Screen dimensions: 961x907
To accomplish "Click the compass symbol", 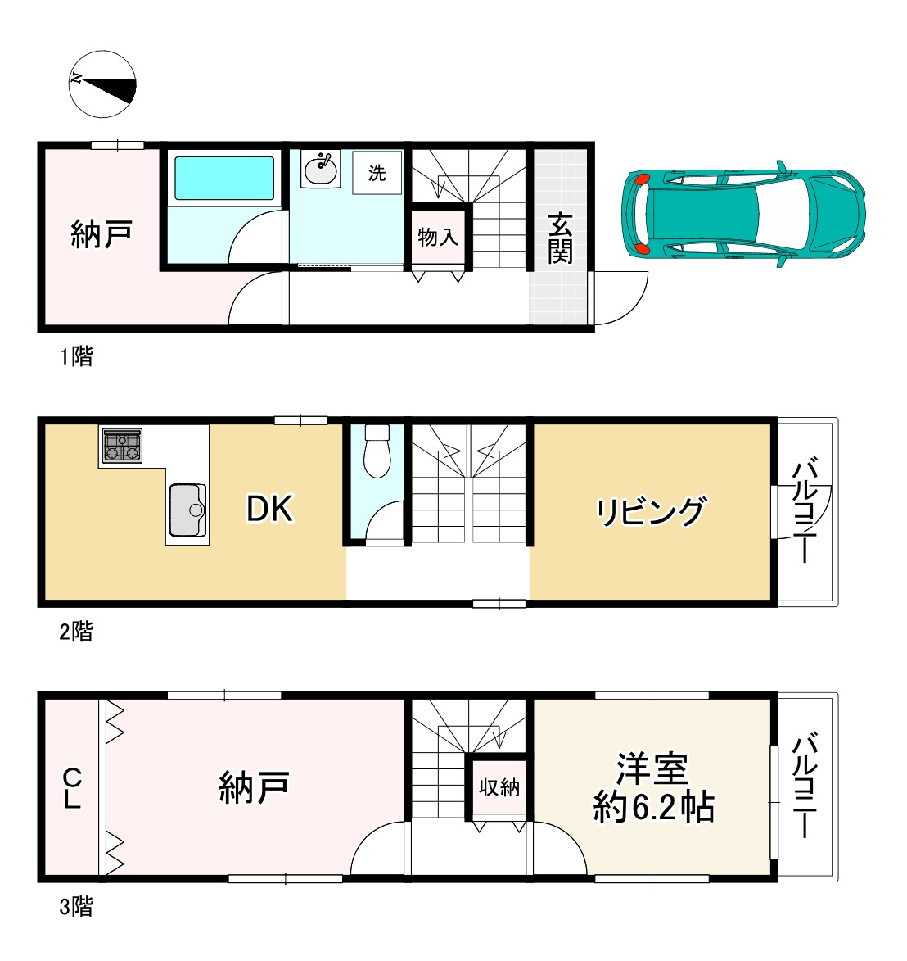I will pyautogui.click(x=102, y=84).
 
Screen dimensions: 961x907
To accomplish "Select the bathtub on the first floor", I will pyautogui.click(x=224, y=179).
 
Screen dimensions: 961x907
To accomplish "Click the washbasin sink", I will pyautogui.click(x=321, y=170).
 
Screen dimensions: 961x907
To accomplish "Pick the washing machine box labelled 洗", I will pyautogui.click(x=377, y=173).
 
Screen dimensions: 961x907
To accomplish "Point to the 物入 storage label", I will pyautogui.click(x=438, y=238).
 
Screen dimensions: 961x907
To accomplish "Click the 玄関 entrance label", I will pyautogui.click(x=560, y=238).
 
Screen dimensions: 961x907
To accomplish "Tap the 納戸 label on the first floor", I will pyautogui.click(x=102, y=235).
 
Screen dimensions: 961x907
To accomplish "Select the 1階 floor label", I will pyautogui.click(x=76, y=356).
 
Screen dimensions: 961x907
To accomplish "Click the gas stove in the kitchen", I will pyautogui.click(x=122, y=446).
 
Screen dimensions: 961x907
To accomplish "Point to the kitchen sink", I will pyautogui.click(x=187, y=510).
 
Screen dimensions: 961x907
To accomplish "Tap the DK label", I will pyautogui.click(x=269, y=510).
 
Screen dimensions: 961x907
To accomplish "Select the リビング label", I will pyautogui.click(x=650, y=512).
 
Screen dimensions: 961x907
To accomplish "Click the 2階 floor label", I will pyautogui.click(x=76, y=632).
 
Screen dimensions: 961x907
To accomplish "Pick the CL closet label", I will pyautogui.click(x=72, y=788).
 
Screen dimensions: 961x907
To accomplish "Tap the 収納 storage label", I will pyautogui.click(x=499, y=787).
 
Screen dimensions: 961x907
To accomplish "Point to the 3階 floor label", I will pyautogui.click(x=76, y=907).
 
